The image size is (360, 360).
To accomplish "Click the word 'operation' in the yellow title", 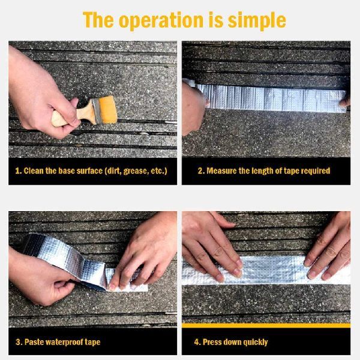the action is tap(161, 20).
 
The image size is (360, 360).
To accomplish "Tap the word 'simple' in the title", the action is tap(257, 20).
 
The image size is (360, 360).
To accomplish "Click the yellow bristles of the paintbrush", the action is tap(109, 110).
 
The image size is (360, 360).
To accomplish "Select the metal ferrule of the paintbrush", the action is tap(97, 111).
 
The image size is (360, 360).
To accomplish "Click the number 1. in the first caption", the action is tap(19, 171).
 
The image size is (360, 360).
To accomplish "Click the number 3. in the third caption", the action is tap(19, 342).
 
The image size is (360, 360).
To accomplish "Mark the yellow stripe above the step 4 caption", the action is tap(266, 325).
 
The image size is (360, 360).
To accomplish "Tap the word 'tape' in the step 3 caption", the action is tap(92, 343).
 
